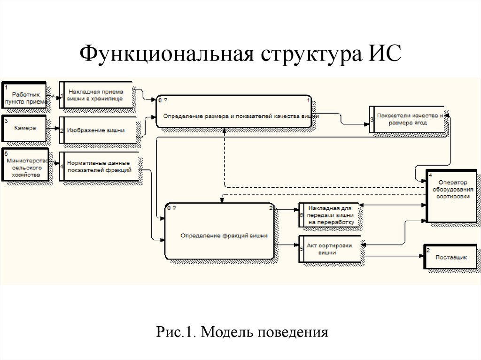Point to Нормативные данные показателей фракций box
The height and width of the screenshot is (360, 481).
tap(99, 167)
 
